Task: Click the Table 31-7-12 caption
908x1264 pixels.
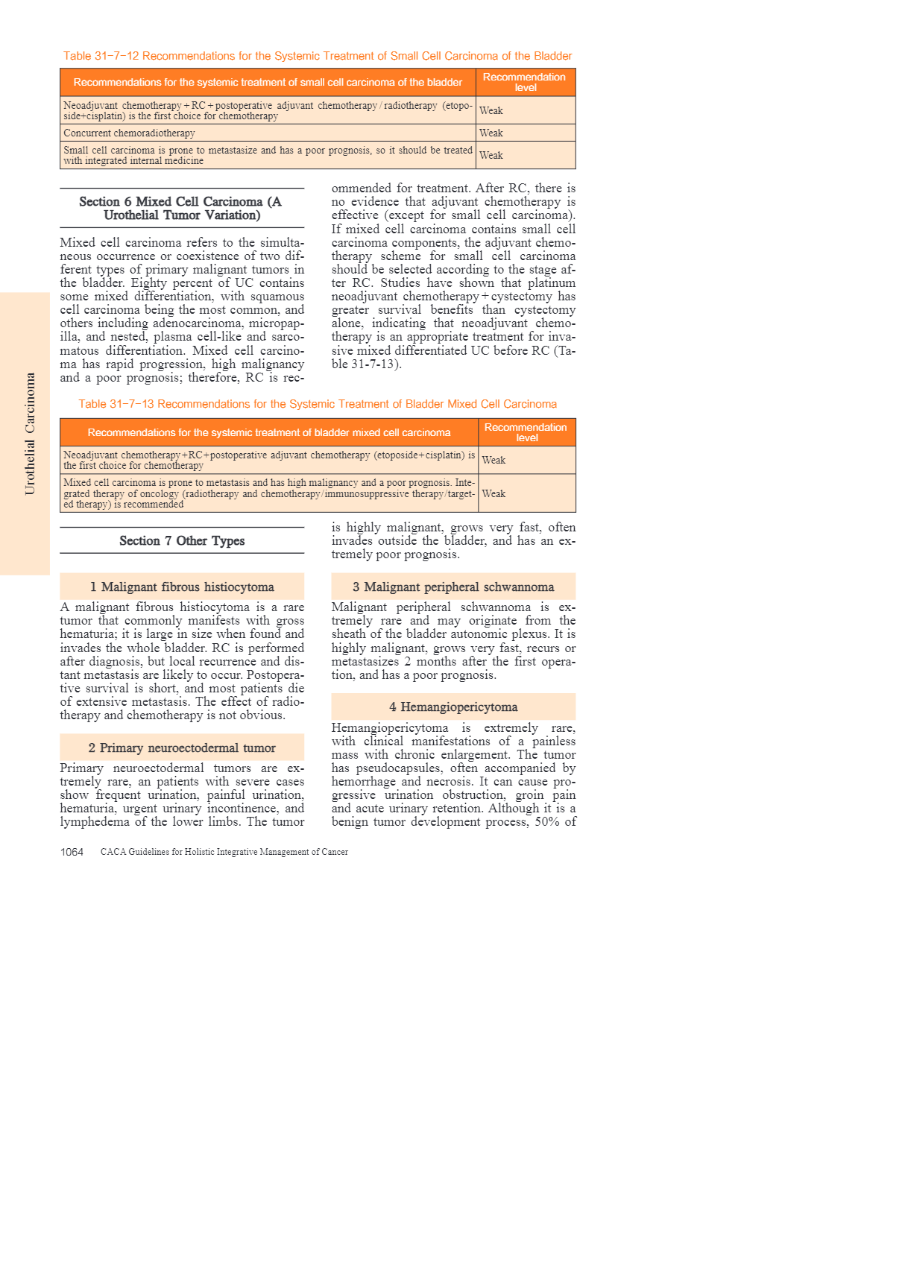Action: [x=318, y=56]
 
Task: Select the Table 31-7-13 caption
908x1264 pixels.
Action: [x=318, y=404]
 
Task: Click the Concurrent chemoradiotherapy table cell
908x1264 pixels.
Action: [x=130, y=133]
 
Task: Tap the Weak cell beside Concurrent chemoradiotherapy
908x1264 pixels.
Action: [x=491, y=133]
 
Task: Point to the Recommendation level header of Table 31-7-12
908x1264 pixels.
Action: [x=525, y=82]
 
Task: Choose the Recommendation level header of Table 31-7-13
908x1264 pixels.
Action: [x=526, y=432]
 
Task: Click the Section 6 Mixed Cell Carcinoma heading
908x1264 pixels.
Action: [x=181, y=208]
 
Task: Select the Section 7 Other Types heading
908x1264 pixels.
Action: [x=181, y=540]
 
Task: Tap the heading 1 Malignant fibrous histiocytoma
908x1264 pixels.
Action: [x=181, y=587]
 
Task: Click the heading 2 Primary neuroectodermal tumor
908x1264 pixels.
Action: [x=181, y=748]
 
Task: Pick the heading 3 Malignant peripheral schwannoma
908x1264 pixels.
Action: [x=453, y=587]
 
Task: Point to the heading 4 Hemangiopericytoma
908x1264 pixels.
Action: [x=453, y=707]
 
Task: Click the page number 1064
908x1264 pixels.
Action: [x=72, y=852]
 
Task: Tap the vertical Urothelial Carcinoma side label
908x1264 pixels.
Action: [x=30, y=433]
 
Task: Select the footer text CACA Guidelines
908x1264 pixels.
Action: [x=224, y=852]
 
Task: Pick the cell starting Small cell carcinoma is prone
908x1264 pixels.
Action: [x=267, y=155]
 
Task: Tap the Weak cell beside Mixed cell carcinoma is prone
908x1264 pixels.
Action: [x=494, y=493]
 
